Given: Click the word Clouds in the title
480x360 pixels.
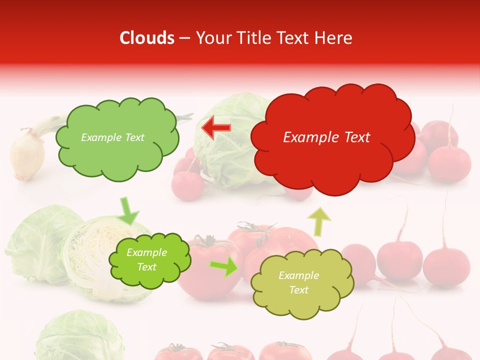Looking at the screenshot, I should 147,38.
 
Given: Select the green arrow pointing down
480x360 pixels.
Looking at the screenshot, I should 128,211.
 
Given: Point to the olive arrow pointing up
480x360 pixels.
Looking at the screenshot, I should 319,221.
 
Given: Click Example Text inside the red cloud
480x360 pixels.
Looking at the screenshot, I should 326,137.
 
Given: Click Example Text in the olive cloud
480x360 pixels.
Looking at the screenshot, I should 298,282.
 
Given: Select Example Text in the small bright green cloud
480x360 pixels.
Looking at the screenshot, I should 147,260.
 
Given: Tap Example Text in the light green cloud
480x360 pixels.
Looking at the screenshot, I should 112,137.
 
